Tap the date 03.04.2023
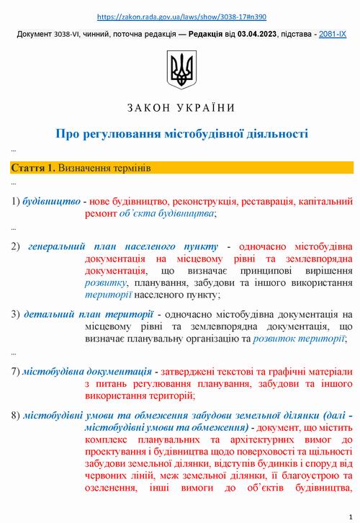[x=255, y=34]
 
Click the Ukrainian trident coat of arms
[x=180, y=69]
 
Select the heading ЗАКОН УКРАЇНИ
[x=180, y=108]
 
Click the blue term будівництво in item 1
[x=51, y=201]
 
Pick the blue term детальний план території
[x=88, y=314]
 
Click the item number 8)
[x=16, y=416]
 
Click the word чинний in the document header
[x=114, y=34]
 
